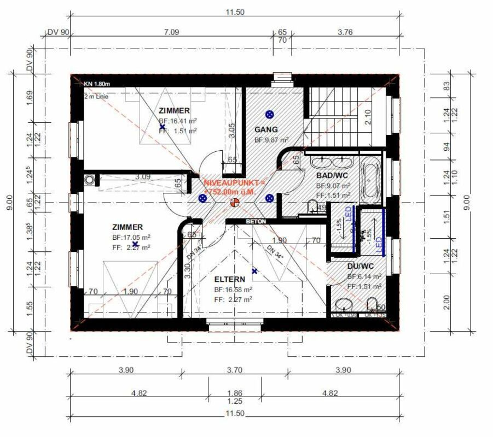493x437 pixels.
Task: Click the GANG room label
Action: click(266, 130)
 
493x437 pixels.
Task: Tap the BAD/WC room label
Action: click(333, 176)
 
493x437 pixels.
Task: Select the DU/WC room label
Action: click(361, 266)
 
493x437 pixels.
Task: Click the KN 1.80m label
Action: click(97, 84)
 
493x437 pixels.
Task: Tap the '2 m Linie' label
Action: click(96, 96)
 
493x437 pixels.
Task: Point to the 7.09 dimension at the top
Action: click(171, 32)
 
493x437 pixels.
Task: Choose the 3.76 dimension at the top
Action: click(345, 32)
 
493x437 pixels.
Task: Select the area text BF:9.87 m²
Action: click(271, 140)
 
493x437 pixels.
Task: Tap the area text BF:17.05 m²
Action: click(131, 238)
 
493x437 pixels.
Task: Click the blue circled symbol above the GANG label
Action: click(269, 114)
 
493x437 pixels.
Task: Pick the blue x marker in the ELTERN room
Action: click(254, 271)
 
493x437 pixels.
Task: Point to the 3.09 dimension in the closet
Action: click(143, 176)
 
